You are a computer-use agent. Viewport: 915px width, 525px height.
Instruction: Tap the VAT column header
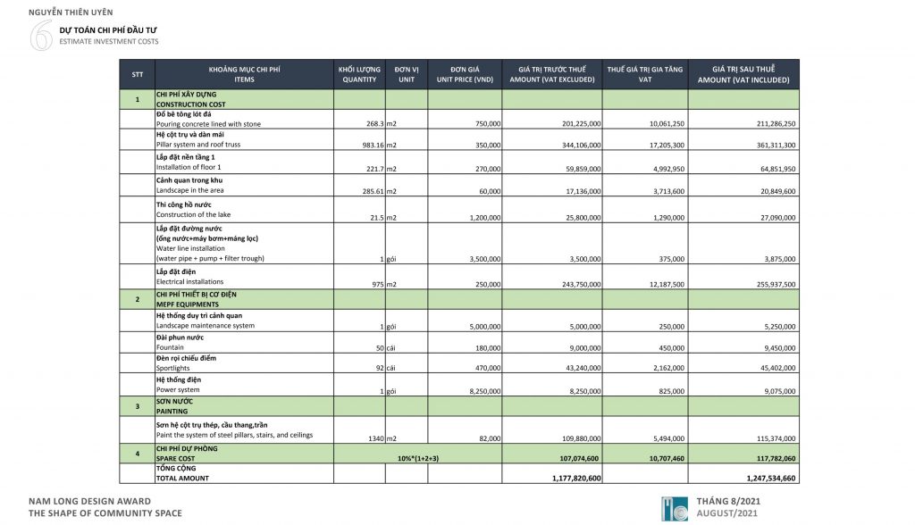coord(644,74)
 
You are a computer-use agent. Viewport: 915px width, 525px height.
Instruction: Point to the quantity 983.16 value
coord(366,144)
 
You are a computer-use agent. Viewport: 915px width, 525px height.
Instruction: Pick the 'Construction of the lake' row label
coord(196,214)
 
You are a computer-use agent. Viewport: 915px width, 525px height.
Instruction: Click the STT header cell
coord(137,74)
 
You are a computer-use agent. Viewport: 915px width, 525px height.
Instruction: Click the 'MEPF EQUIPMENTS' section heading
coord(189,304)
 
